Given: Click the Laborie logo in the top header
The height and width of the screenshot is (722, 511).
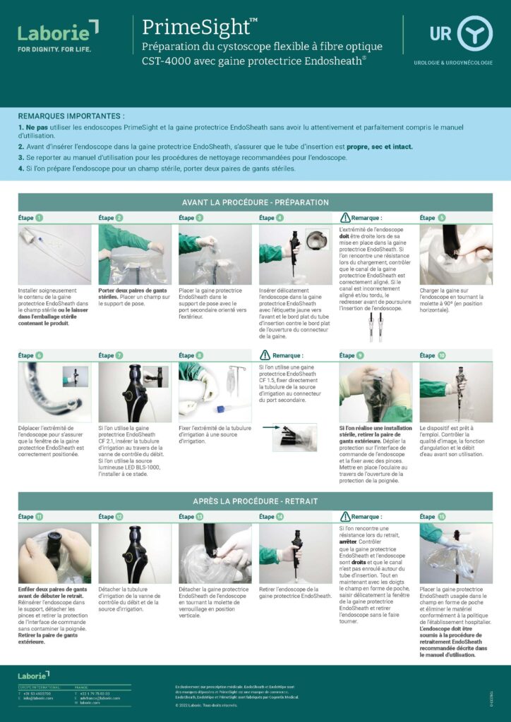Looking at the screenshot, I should click(x=58, y=32).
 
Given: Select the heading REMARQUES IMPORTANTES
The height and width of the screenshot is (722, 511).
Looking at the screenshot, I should click(x=71, y=115).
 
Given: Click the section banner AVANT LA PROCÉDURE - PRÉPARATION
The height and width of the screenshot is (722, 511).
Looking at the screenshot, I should click(x=255, y=202).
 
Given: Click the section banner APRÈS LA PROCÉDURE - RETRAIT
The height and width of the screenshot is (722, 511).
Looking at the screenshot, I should click(x=255, y=501).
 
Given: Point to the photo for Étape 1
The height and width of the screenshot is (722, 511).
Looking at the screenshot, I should click(x=54, y=254).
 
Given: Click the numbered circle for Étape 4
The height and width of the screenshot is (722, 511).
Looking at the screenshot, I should click(x=281, y=218).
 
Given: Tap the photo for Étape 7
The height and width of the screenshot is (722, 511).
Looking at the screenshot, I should click(x=135, y=392).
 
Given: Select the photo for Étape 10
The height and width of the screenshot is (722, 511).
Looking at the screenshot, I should click(x=456, y=392).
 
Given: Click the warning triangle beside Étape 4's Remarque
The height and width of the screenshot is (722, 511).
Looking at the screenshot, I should click(x=345, y=218).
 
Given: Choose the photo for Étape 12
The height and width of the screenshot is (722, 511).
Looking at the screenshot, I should click(x=135, y=553).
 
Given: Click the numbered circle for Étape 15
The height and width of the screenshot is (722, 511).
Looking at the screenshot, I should click(x=442, y=517).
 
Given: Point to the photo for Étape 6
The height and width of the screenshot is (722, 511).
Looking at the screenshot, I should click(x=54, y=392).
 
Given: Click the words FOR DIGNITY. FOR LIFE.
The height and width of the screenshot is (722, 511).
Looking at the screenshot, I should click(x=54, y=49).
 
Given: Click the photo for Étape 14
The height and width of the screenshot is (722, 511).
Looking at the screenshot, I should click(x=295, y=553).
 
